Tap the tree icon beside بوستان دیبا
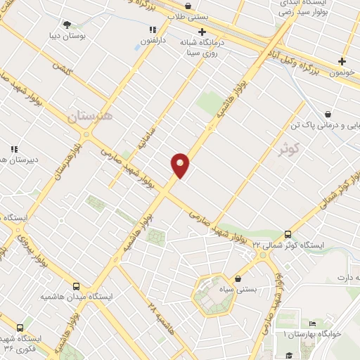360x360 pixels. point(67,25)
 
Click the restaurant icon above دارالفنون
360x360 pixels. point(152,30)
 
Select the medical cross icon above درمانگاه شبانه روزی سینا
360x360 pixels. point(202,32)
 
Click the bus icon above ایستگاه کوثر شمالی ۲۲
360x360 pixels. point(288,235)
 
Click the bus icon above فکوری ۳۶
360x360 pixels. point(19,328)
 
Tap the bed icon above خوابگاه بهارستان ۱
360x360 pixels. point(312,323)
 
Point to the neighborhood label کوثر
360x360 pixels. point(289,149)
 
